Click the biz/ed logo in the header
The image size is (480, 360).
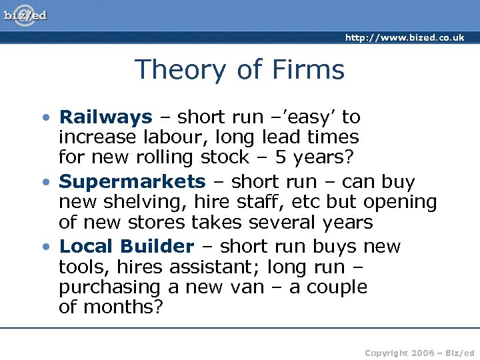tap(25, 15)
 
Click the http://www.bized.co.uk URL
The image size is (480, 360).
tap(405, 38)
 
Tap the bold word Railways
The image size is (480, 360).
tap(106, 117)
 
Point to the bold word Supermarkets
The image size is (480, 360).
tap(133, 181)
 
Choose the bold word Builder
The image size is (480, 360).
tap(157, 246)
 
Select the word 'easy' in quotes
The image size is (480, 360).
tap(309, 117)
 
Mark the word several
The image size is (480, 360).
tap(285, 221)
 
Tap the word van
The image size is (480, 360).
tap(247, 287)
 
